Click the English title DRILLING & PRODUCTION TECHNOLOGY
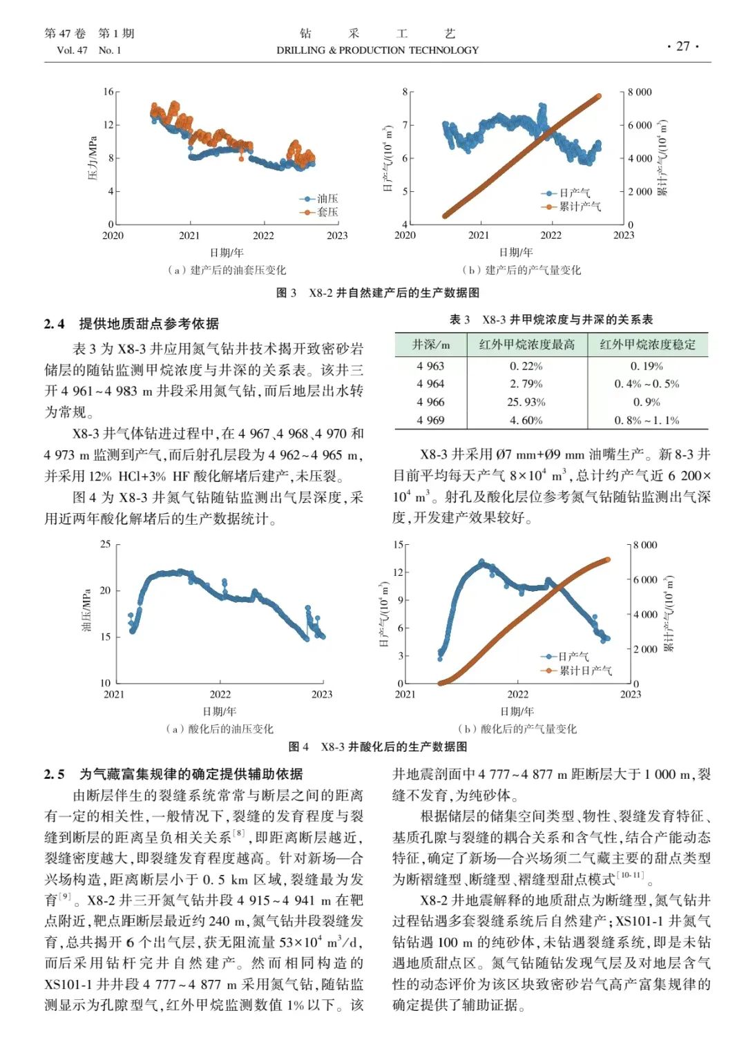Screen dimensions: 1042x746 [377, 50]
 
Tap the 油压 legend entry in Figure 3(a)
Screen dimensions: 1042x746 [326, 199]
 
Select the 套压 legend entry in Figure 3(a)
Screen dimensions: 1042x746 [326, 212]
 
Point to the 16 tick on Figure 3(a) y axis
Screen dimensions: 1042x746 [108, 92]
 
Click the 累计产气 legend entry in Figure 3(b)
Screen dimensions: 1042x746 [579, 206]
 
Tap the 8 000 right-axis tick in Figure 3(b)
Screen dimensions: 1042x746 [639, 92]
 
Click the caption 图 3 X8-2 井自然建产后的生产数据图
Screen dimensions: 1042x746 [377, 293]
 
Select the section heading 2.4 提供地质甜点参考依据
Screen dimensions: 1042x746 [131, 324]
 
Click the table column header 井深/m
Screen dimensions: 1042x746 [430, 345]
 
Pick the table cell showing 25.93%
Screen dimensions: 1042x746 [526, 402]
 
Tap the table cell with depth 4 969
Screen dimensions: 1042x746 [430, 420]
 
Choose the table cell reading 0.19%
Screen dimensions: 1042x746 [647, 366]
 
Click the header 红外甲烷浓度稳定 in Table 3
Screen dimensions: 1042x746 [647, 345]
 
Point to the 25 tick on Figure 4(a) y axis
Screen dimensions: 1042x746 [106, 544]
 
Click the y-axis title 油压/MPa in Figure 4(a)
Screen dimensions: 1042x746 [86, 610]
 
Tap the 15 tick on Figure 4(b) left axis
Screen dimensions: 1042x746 [399, 544]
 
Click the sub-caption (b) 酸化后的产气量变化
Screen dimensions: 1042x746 [517, 729]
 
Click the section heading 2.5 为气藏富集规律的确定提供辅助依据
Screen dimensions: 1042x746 [173, 774]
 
